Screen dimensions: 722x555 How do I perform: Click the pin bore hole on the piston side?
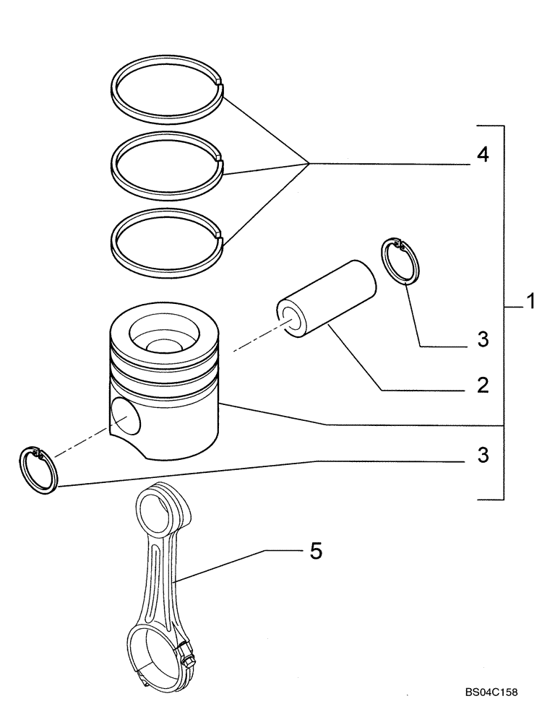point(126,419)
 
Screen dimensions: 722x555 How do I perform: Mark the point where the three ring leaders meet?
point(309,164)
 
